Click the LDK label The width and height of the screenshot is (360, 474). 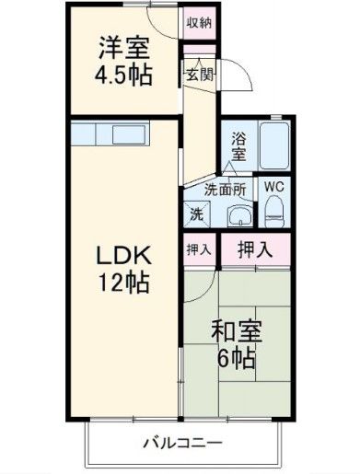coord(119,255)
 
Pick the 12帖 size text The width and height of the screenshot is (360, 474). coord(119,283)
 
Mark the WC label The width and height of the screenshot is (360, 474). coord(273,186)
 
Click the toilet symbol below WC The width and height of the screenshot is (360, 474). coord(274,213)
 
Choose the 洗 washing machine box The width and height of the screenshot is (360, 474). coord(197,214)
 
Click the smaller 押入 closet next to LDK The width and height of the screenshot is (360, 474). coord(198,249)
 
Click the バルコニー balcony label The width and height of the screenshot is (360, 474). coord(182,443)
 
